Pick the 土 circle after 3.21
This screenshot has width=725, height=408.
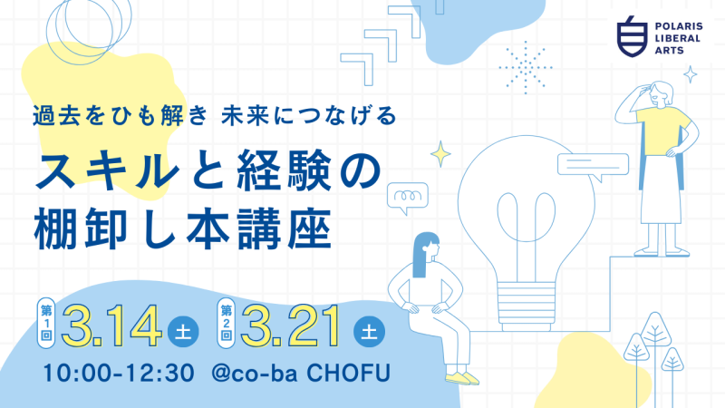[x=371, y=333]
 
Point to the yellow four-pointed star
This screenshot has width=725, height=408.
[x=441, y=153]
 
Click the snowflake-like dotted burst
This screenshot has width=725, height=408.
[x=525, y=65]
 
